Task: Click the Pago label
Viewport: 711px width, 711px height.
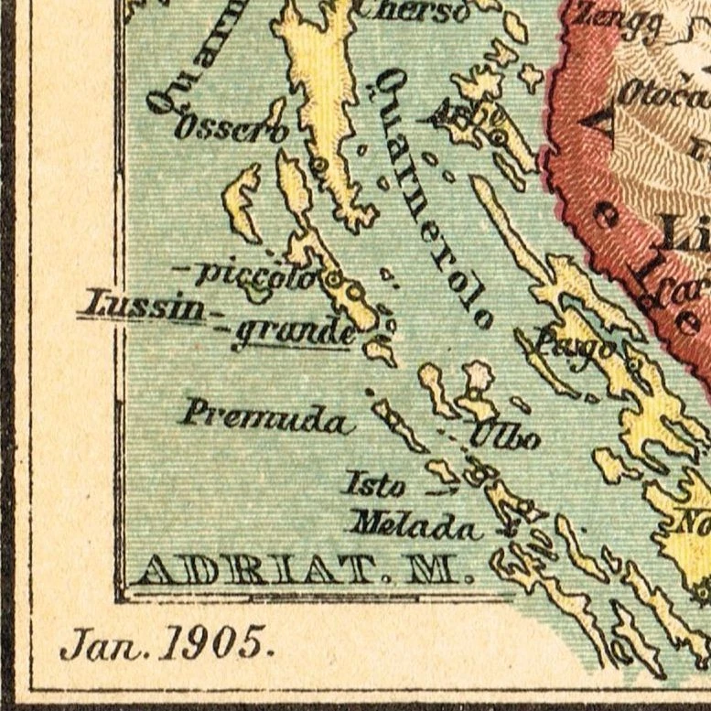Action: click(x=560, y=344)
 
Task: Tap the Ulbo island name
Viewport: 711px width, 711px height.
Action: click(x=504, y=436)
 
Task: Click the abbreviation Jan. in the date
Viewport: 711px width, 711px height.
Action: click(x=102, y=645)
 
